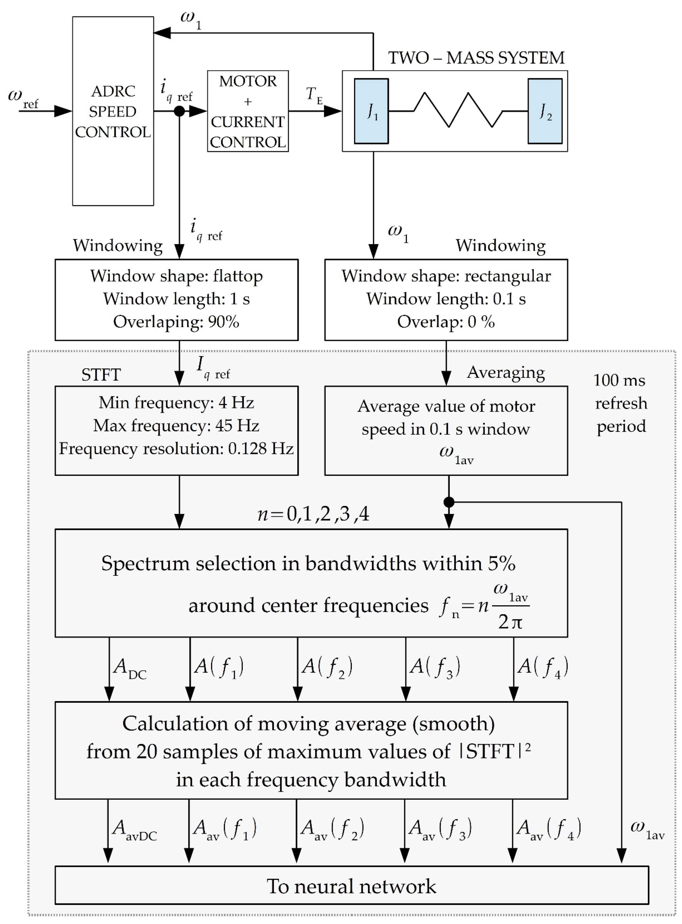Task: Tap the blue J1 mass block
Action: [x=371, y=111]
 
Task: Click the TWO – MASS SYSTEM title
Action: [x=476, y=58]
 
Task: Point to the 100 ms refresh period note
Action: [x=620, y=403]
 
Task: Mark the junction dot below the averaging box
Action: [x=449, y=502]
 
